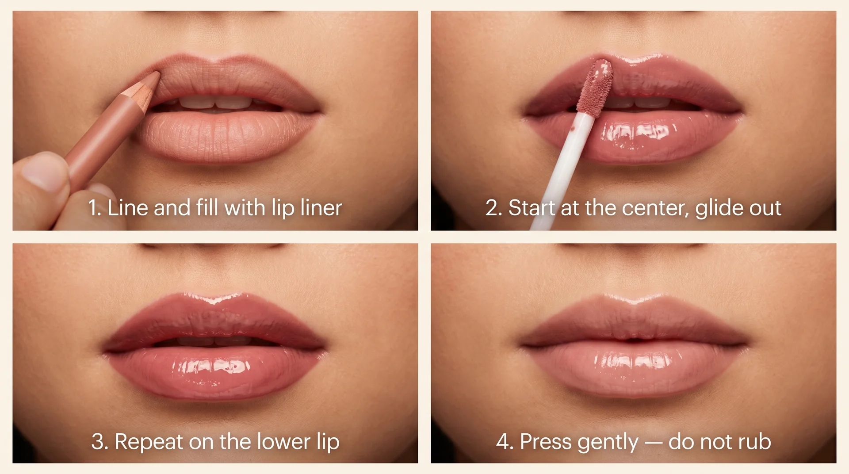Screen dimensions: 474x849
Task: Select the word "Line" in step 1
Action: [x=127, y=208]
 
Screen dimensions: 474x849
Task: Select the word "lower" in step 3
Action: [x=283, y=442]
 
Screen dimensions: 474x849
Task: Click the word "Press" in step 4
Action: [x=546, y=442]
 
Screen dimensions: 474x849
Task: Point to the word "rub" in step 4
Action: [x=754, y=442]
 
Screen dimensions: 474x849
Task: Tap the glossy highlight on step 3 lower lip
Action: [x=212, y=367]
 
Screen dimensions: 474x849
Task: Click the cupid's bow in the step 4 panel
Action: [x=634, y=300]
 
